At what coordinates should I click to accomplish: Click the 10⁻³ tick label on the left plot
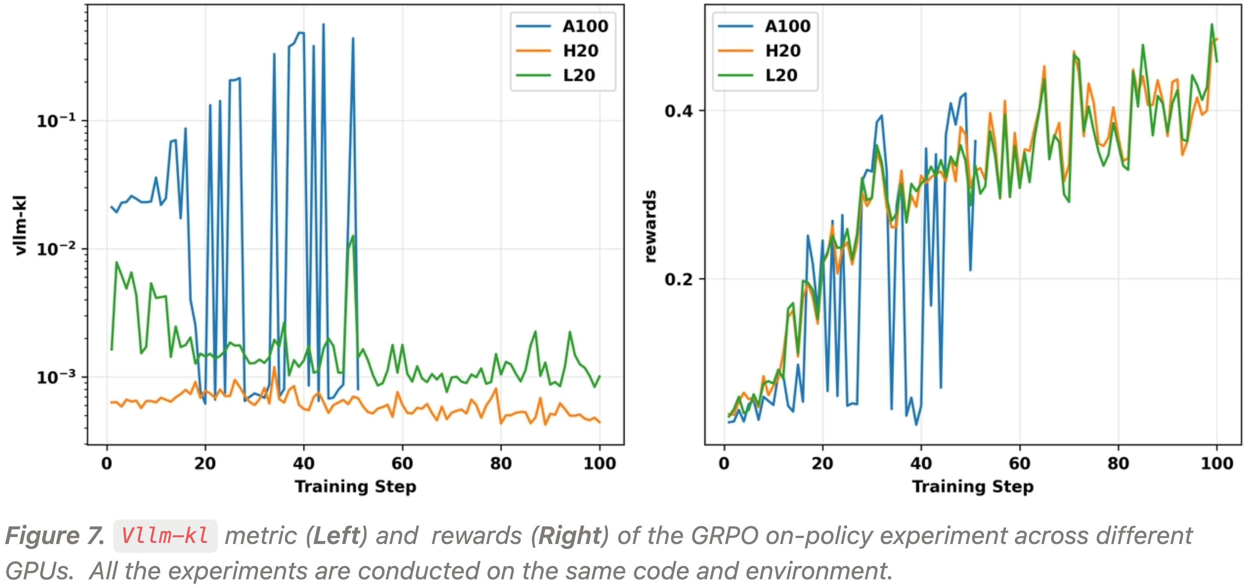tap(56, 377)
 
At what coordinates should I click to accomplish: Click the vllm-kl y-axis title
tap(20, 225)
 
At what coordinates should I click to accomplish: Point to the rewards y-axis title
tap(650, 226)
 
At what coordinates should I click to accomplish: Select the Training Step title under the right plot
tap(973, 486)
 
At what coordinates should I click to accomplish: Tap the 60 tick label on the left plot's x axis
tap(402, 464)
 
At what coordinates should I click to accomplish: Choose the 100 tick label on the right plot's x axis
tap(1217, 464)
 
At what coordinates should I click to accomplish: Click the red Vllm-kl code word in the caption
tap(165, 536)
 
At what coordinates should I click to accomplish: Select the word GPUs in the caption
tap(39, 571)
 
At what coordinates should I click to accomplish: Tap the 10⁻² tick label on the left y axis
tap(56, 249)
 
